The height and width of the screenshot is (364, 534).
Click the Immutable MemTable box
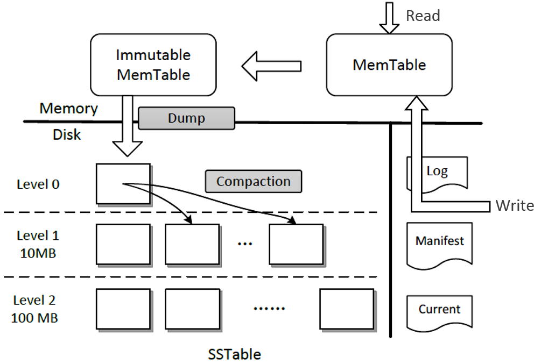(153, 65)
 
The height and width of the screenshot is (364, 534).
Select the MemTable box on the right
(389, 65)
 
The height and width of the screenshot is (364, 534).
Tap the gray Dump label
(186, 118)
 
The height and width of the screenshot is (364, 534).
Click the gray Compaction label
(253, 182)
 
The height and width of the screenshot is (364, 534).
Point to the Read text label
(423, 16)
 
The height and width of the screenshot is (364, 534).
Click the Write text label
(514, 205)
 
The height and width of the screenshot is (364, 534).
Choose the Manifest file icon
(439, 244)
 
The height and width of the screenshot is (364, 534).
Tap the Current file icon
(439, 311)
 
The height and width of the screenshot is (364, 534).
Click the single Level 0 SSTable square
(123, 184)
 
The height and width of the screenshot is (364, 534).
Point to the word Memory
(68, 109)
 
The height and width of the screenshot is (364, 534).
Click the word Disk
(67, 134)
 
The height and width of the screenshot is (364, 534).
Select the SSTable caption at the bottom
(234, 354)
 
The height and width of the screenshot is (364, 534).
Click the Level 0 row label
(38, 184)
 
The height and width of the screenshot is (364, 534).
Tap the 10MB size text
(38, 252)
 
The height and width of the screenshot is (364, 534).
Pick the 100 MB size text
(34, 317)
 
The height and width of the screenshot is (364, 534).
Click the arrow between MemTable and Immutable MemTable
(271, 66)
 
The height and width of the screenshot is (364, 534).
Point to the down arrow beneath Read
(390, 19)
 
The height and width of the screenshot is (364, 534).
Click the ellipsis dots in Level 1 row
(245, 244)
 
